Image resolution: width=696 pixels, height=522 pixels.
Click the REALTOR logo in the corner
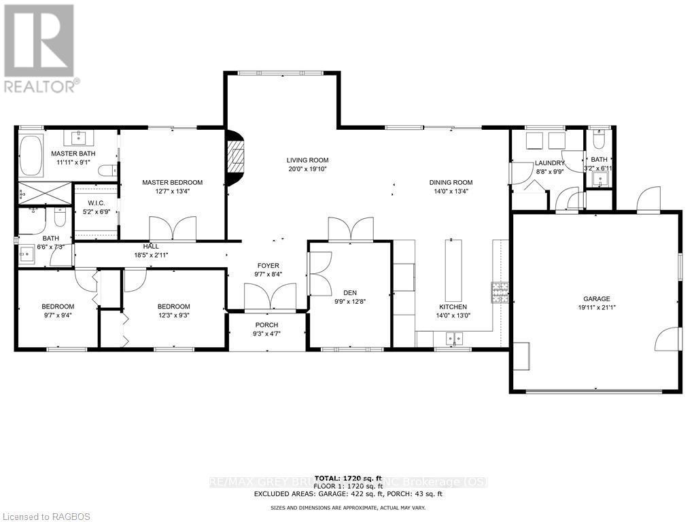(39, 48)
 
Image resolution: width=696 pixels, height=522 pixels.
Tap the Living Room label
(307, 160)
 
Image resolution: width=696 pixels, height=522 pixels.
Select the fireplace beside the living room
(233, 158)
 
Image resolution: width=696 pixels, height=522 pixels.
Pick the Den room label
(342, 294)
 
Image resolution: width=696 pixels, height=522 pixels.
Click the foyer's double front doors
(270, 298)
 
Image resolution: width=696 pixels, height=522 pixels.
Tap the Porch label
(266, 325)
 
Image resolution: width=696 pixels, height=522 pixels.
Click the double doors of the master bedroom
(173, 228)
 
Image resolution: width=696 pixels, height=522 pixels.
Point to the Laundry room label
(550, 163)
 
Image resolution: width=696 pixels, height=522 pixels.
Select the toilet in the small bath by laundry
(599, 141)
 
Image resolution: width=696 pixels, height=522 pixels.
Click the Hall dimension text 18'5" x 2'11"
(151, 255)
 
